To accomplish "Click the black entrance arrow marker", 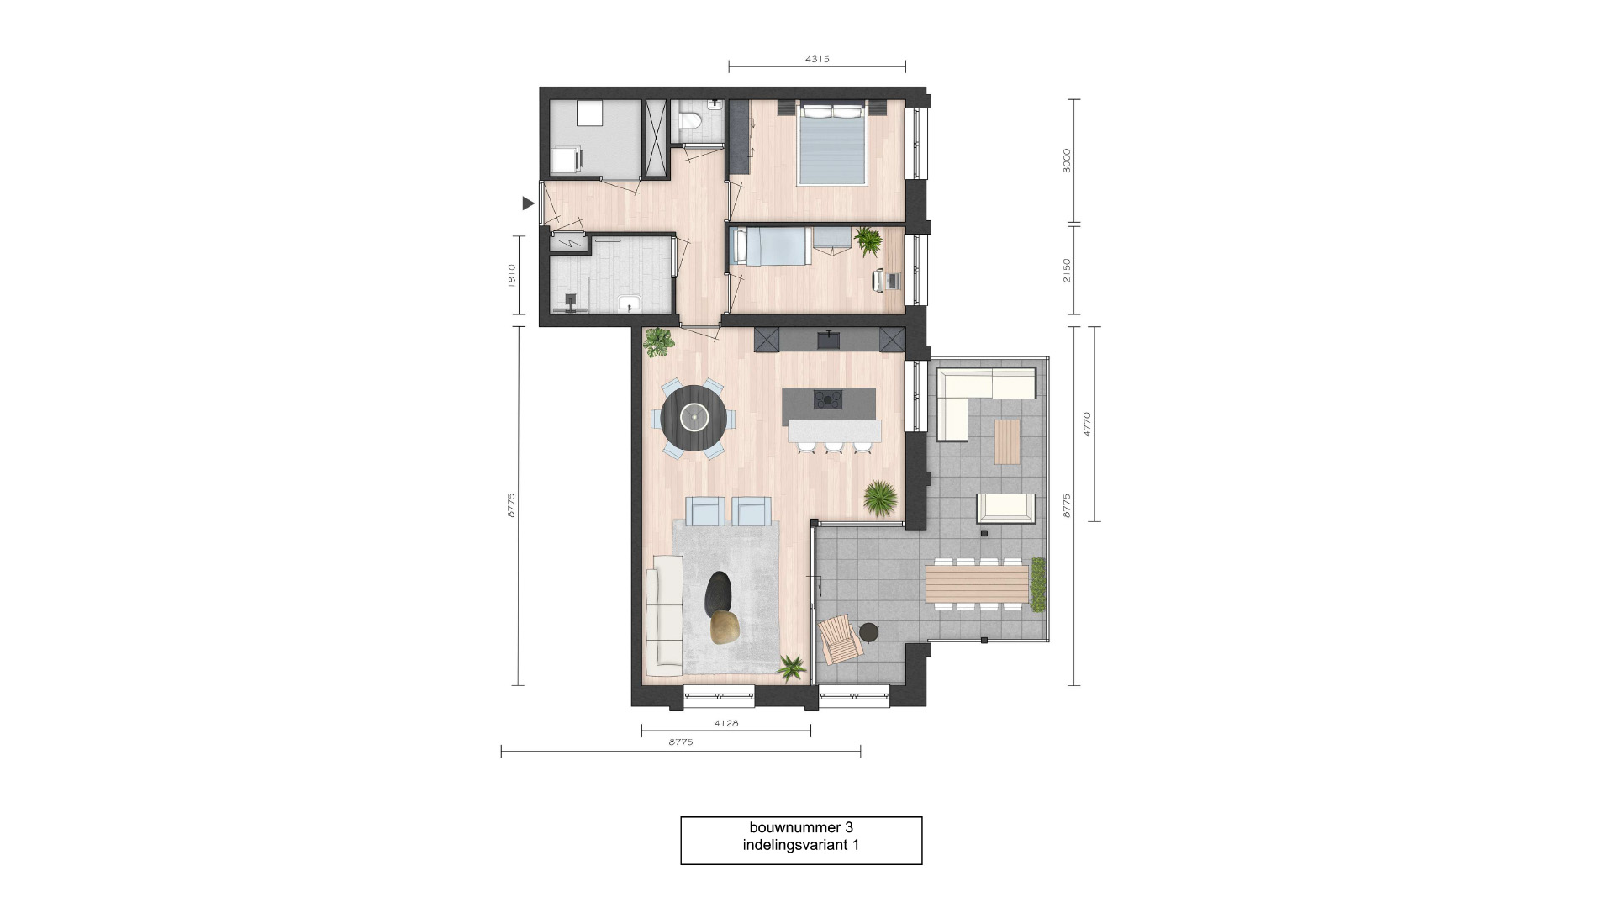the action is (x=528, y=203).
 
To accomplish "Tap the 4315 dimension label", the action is (x=817, y=60).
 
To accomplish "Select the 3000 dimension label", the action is (x=1067, y=161).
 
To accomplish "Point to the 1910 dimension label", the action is (x=510, y=275).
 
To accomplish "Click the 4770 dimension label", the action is (x=1087, y=424).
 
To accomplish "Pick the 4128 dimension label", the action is (x=726, y=723).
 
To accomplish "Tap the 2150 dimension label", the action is (x=1067, y=270).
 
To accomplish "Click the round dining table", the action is (x=694, y=417).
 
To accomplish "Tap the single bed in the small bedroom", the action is (x=772, y=247).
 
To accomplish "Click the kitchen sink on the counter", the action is (x=828, y=340).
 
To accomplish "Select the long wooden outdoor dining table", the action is (x=977, y=584).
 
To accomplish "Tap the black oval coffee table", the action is (x=719, y=592).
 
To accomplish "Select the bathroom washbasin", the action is (x=630, y=304).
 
